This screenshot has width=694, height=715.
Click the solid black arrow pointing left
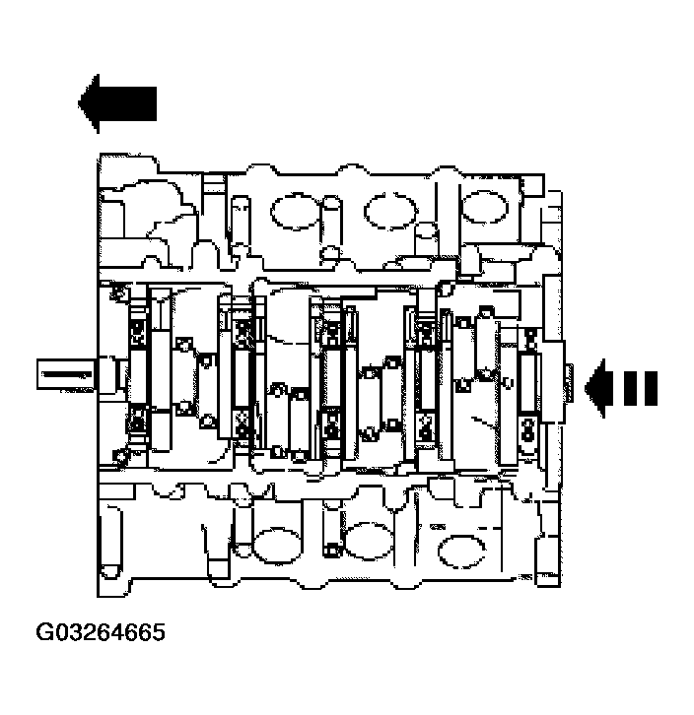(116, 103)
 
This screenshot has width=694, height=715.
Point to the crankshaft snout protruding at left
(67, 375)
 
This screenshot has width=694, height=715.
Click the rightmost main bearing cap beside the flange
(528, 384)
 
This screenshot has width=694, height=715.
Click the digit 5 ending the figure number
(158, 631)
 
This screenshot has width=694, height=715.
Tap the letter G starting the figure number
(45, 631)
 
